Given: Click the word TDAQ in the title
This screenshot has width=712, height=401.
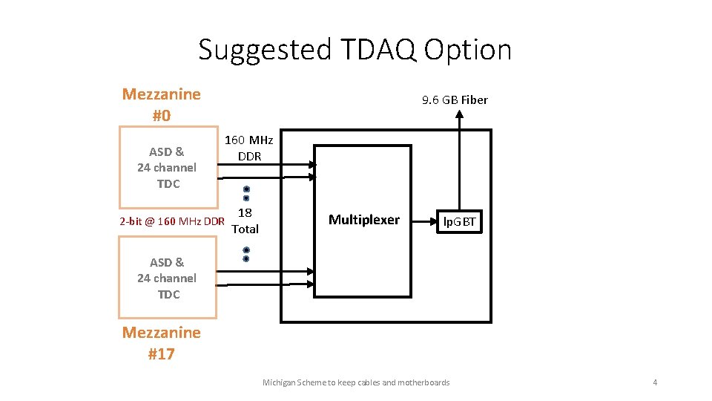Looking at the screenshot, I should click(x=377, y=50).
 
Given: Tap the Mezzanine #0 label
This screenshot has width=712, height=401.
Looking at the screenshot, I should click(x=161, y=105).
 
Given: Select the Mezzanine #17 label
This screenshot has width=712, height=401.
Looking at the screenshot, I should click(x=161, y=343).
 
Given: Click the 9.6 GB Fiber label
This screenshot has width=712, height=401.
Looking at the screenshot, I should click(x=455, y=100).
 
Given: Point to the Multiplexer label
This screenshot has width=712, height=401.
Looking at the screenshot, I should click(x=363, y=220).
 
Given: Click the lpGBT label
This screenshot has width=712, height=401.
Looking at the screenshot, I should click(x=460, y=221).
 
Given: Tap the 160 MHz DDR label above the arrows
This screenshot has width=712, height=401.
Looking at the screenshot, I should click(x=249, y=148).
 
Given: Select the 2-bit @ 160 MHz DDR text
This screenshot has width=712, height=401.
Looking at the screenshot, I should click(x=172, y=221).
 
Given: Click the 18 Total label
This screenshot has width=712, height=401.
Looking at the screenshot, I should click(x=245, y=221).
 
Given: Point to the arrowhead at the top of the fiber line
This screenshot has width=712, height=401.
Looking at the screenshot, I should click(x=461, y=114).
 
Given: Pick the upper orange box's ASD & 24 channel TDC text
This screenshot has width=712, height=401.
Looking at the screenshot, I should click(x=167, y=168).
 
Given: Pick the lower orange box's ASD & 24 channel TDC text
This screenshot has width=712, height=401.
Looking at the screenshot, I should click(x=167, y=278).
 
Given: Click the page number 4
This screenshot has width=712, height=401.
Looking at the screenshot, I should click(x=655, y=382).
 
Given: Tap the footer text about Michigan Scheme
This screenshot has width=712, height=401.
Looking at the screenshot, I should click(x=356, y=382).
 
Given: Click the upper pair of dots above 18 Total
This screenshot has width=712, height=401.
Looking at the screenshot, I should click(x=246, y=193).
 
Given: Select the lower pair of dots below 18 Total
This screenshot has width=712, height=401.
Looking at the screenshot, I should click(x=246, y=254).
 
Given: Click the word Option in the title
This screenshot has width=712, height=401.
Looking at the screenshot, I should click(x=468, y=50).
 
